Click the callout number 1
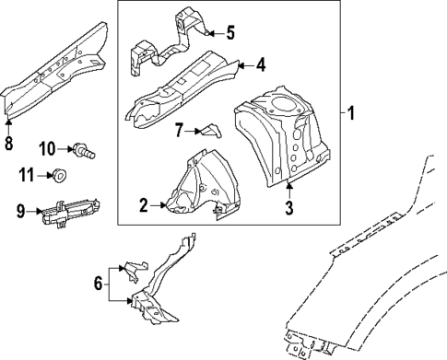pyautogui.click(x=351, y=114)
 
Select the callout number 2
pyautogui.click(x=143, y=204)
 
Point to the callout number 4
pyautogui.click(x=261, y=65)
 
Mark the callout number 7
pyautogui.click(x=181, y=130)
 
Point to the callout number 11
pyautogui.click(x=29, y=173)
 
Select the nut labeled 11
pyautogui.click(x=59, y=173)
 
